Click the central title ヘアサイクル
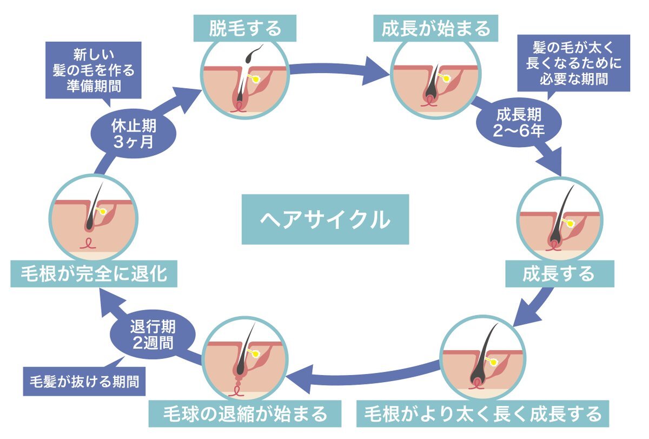click(325, 219)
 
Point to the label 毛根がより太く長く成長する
click(483, 414)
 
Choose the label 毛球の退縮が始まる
click(246, 414)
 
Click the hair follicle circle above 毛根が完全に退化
click(93, 217)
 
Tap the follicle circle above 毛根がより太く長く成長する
click(483, 357)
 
